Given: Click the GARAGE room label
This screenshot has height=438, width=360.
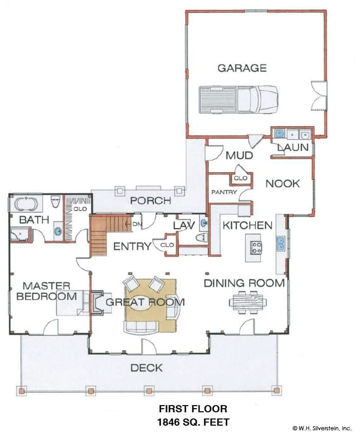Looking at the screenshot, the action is (242, 68).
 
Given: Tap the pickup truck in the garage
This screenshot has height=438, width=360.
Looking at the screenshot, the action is (239, 99).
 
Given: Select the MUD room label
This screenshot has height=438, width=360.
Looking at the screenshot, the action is (239, 155).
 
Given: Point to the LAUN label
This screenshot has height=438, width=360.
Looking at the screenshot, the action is (293, 147).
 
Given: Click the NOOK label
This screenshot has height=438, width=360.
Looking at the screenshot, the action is (282, 184).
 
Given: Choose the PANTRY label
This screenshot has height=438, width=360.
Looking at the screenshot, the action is (224, 192).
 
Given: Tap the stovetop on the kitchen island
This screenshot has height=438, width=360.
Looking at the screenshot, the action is (257, 247).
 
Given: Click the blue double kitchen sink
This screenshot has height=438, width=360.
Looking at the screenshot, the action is (280, 244).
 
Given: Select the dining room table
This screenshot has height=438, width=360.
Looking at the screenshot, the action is (248, 302).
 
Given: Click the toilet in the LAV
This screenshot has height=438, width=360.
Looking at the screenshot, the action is (202, 238).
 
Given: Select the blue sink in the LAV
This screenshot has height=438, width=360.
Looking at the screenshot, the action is (204, 223).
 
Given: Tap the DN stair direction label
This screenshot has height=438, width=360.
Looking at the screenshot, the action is (137, 224).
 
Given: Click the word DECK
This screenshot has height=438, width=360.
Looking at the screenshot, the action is (147, 368).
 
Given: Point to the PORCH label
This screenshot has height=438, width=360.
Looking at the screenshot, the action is (150, 200).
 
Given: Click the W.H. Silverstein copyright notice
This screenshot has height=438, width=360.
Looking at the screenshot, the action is (321, 428).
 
